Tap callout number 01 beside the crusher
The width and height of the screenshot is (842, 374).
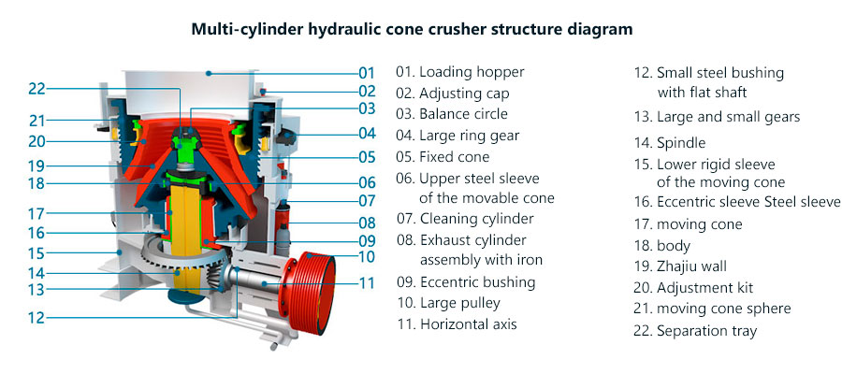[x=366, y=72]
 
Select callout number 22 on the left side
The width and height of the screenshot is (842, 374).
[x=36, y=89]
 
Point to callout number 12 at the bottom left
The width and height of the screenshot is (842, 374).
[x=36, y=317]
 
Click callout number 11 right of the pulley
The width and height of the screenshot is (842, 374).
[x=367, y=281]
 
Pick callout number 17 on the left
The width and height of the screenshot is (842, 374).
[x=36, y=212]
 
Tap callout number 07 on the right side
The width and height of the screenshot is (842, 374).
[x=367, y=201]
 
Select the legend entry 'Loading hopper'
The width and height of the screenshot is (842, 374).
[x=459, y=72]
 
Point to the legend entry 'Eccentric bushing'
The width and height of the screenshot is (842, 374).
[x=466, y=281]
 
